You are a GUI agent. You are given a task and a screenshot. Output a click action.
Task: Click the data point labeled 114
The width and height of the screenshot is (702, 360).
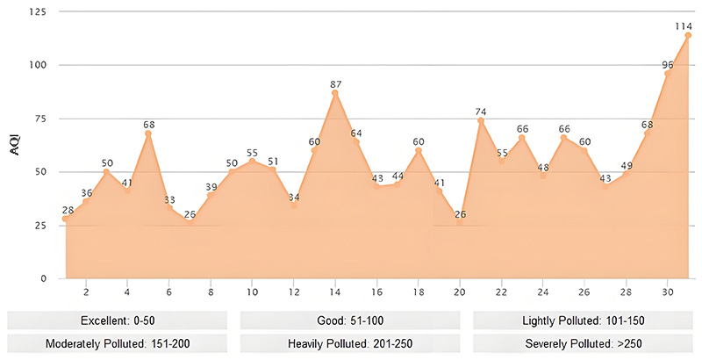(x=688, y=35)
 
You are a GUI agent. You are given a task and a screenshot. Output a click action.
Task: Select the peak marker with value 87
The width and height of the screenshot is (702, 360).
(x=335, y=93)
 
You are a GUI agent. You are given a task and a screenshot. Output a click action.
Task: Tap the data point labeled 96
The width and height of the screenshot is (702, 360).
(x=668, y=74)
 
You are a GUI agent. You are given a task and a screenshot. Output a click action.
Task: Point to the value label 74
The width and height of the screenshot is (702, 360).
(x=481, y=111)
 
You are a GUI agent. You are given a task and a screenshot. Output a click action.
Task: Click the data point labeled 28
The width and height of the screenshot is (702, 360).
(x=65, y=219)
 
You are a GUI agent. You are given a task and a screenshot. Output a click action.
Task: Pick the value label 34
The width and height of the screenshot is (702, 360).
(x=294, y=197)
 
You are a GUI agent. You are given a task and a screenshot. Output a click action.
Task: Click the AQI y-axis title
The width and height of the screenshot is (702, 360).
(x=15, y=147)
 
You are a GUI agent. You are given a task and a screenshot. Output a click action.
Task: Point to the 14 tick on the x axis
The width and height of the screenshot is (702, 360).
(x=335, y=292)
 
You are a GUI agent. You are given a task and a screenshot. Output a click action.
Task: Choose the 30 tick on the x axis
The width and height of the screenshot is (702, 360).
(x=668, y=292)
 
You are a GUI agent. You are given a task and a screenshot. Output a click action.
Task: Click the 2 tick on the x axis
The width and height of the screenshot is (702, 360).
(x=86, y=292)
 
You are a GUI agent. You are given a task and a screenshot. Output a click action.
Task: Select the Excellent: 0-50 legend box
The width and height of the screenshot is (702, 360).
(x=118, y=319)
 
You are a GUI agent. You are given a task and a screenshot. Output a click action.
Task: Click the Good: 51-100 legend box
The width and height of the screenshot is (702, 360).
(x=351, y=319)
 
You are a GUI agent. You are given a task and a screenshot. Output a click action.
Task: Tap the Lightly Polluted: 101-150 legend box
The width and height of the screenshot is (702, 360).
(x=584, y=319)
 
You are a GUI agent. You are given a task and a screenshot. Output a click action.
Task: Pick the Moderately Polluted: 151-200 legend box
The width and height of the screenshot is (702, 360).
(x=118, y=342)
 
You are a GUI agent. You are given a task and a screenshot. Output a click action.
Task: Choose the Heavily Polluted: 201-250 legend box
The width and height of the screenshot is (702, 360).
(x=351, y=342)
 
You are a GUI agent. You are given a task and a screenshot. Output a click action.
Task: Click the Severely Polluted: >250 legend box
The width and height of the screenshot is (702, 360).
(x=584, y=342)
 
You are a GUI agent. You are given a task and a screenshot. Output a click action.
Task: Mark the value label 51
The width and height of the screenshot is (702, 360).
(x=273, y=161)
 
